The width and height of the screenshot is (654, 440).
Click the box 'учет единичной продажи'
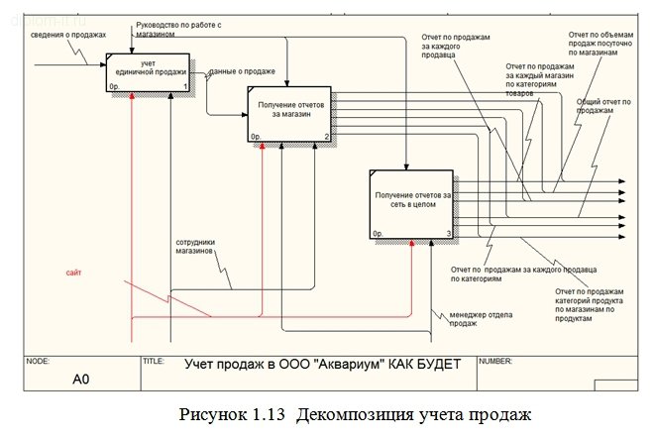(x=148, y=69)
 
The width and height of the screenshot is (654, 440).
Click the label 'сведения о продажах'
(x=67, y=35)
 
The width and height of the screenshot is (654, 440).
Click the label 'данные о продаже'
(x=244, y=72)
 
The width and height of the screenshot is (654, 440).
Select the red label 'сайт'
(x=74, y=271)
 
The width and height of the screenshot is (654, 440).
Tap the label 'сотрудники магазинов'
(x=195, y=246)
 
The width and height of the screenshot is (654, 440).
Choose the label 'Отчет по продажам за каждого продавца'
(x=453, y=43)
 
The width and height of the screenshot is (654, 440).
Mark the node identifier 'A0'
(x=80, y=378)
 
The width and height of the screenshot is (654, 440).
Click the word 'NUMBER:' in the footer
(x=496, y=362)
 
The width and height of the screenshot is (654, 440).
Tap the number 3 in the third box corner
(x=449, y=234)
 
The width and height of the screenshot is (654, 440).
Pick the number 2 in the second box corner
(x=326, y=136)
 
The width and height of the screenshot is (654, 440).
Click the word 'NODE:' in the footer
(x=38, y=362)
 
